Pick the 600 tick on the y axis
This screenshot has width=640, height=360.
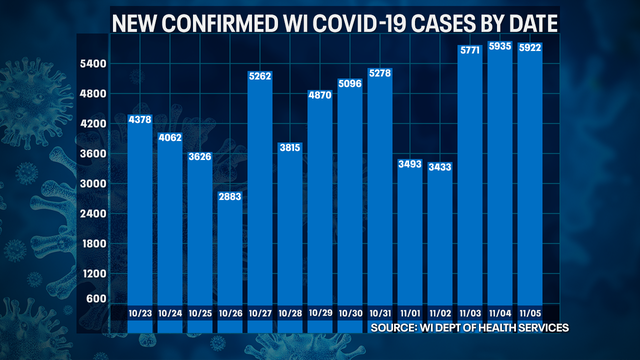(96, 300)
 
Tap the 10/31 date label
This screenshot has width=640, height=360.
(380, 314)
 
